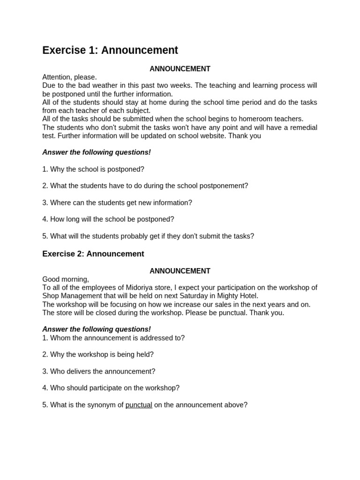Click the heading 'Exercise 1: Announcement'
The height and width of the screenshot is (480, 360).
pos(110,50)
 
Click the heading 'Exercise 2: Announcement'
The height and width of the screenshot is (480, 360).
pos(93,254)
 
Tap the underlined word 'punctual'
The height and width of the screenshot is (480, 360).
pos(139,405)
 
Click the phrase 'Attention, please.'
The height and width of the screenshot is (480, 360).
pos(69,77)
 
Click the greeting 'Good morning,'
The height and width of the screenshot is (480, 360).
pos(66,279)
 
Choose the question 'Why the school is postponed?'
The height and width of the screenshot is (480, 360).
pos(93,169)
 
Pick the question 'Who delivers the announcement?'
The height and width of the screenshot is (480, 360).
pos(98,371)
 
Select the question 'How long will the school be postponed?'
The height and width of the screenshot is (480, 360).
pos(108,219)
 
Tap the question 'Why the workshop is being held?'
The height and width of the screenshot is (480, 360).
pos(98,355)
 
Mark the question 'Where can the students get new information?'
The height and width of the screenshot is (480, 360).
pos(117,203)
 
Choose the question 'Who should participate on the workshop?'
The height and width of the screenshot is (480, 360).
pos(111,388)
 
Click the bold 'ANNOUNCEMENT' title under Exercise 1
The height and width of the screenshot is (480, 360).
pos(180,69)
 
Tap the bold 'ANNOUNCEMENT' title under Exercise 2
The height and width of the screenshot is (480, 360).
pos(180,271)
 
